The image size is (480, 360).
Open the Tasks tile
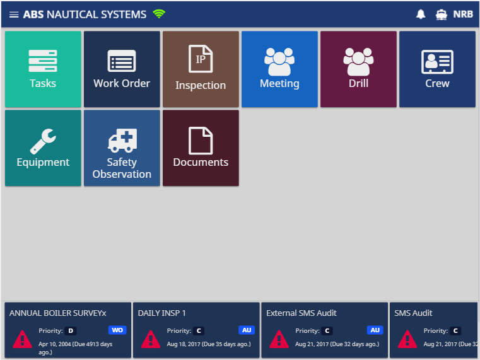pyautogui.click(x=43, y=69)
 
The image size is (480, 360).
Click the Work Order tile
pyautogui.click(x=122, y=69)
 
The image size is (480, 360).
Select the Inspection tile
pyautogui.click(x=201, y=69)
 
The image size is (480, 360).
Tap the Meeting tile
pyautogui.click(x=279, y=69)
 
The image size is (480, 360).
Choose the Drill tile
pyautogui.click(x=358, y=69)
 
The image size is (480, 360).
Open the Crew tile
pyautogui.click(x=438, y=69)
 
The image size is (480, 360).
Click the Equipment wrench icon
pyautogui.click(x=43, y=141)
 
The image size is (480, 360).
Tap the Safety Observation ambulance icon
pyautogui.click(x=122, y=141)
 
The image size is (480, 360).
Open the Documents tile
pyautogui.click(x=201, y=148)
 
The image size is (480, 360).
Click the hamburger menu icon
pyautogui.click(x=14, y=15)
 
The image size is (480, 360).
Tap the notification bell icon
pyautogui.click(x=421, y=14)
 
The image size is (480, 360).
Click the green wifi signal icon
pyautogui.click(x=159, y=14)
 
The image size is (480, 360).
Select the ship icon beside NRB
pyautogui.click(x=441, y=15)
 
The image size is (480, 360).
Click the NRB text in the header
pyautogui.click(x=463, y=14)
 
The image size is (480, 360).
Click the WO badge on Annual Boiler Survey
pyautogui.click(x=117, y=330)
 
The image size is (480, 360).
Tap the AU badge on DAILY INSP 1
pyautogui.click(x=247, y=330)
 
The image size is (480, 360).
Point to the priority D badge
pyautogui.click(x=71, y=330)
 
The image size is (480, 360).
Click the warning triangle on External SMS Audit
pyautogui.click(x=279, y=339)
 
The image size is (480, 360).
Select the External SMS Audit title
pyautogui.click(x=301, y=313)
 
